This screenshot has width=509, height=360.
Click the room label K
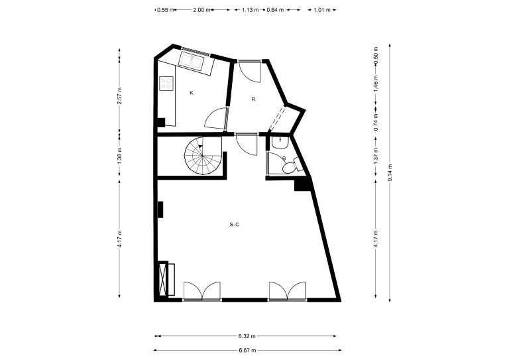pyautogui.click(x=192, y=93)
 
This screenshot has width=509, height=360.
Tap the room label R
pyautogui.click(x=253, y=99)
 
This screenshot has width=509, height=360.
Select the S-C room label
pyautogui.click(x=235, y=224)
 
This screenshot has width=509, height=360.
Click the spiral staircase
pyautogui.click(x=203, y=156)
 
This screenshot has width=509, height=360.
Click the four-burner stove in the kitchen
pyautogui.click(x=166, y=83)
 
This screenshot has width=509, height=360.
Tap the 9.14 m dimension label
pyautogui.click(x=390, y=173)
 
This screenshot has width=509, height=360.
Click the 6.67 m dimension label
pyautogui.click(x=247, y=350)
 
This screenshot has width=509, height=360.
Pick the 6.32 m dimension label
pyautogui.click(x=247, y=336)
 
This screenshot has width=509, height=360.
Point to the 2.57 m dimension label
pyautogui.click(x=119, y=95)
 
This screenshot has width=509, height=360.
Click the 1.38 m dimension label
pyautogui.click(x=119, y=156)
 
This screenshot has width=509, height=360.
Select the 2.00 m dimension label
pyautogui.click(x=202, y=10)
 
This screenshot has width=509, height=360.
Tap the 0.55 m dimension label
pyautogui.click(x=166, y=10)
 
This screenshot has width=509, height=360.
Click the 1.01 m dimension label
pyautogui.click(x=322, y=10)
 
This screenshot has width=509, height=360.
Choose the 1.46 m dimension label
pyautogui.click(x=376, y=84)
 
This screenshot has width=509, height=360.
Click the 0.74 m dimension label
pyautogui.click(x=376, y=122)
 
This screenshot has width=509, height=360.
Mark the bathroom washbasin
pyautogui.click(x=280, y=142)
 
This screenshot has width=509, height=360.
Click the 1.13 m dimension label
pyautogui.click(x=251, y=10)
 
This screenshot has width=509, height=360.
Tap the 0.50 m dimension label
pyautogui.click(x=376, y=56)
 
